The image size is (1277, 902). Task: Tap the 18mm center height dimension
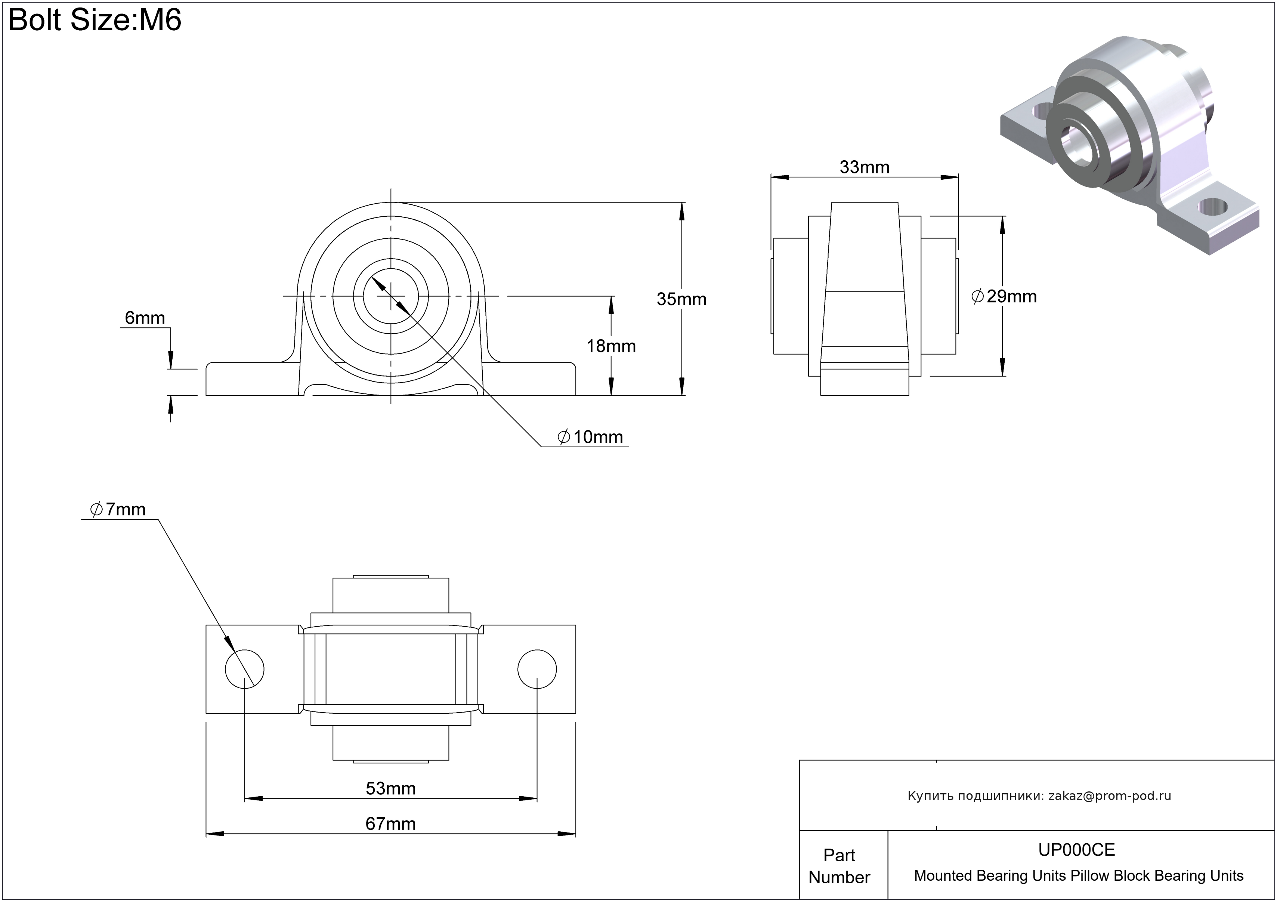[611, 346]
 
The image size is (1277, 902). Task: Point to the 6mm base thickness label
[145, 318]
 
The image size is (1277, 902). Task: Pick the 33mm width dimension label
[864, 167]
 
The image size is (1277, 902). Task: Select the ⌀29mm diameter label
[1004, 296]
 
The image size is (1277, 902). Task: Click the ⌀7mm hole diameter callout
[118, 509]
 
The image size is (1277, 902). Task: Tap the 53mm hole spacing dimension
[390, 788]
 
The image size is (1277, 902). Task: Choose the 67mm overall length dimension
[390, 824]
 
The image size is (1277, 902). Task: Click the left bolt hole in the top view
[245, 669]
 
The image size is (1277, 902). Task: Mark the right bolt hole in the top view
[537, 669]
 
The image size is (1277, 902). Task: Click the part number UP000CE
[1076, 850]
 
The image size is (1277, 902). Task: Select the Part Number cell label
[839, 866]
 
